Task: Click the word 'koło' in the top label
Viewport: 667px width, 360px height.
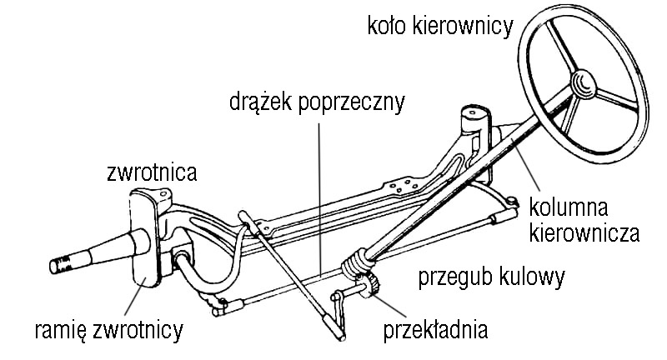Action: (x=387, y=26)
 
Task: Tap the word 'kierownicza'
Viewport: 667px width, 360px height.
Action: (x=584, y=231)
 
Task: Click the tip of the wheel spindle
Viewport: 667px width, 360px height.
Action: (x=56, y=266)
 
